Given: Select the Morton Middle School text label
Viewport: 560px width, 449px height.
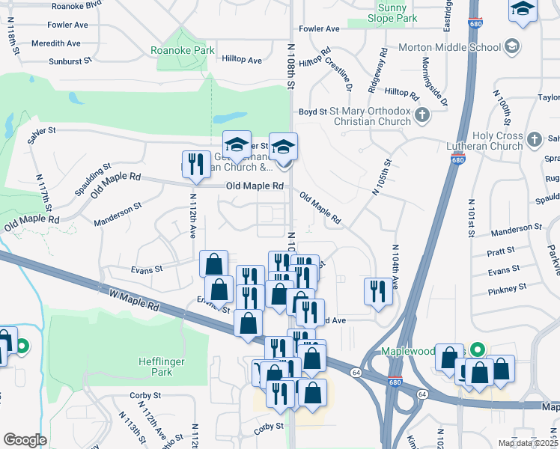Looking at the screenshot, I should (x=449, y=47).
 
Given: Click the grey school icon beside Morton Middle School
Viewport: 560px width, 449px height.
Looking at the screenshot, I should (x=512, y=46).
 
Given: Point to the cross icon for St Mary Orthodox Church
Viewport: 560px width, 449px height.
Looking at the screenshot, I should (x=422, y=115).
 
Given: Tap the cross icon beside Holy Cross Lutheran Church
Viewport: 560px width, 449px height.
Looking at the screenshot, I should (x=534, y=139).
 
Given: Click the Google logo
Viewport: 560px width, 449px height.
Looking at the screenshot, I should (x=25, y=439).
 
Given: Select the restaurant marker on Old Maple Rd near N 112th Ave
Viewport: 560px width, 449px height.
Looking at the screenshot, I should (x=196, y=165).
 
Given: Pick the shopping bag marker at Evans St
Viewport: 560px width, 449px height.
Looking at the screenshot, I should (x=214, y=263).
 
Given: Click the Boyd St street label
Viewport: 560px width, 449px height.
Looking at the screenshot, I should (x=313, y=112).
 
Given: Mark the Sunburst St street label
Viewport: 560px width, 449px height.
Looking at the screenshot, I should (x=70, y=62).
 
